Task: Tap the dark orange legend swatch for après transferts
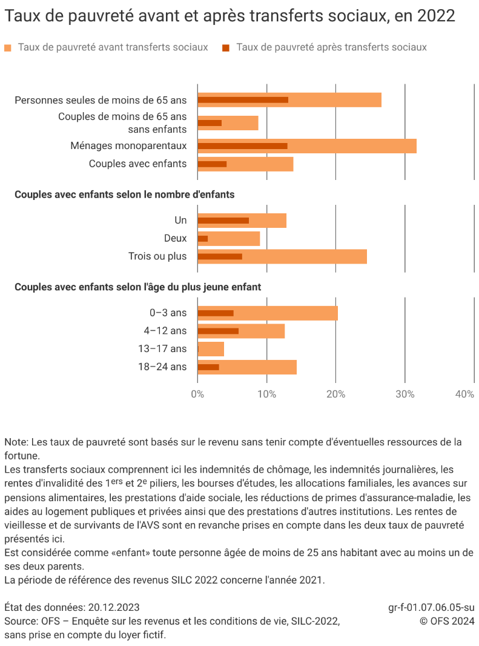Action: (226, 47)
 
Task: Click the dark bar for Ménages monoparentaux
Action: (242, 146)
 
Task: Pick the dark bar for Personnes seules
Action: (242, 100)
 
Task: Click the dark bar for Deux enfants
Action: (203, 239)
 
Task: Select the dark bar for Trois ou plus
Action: (220, 256)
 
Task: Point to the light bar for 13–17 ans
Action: (211, 349)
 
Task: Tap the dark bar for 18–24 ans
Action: (208, 367)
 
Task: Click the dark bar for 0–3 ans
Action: (216, 313)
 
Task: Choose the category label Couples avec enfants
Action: (137, 164)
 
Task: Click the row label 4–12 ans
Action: (165, 331)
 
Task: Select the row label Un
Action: (180, 221)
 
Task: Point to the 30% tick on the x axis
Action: (405, 395)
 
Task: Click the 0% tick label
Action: (197, 395)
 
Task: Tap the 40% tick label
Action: (464, 395)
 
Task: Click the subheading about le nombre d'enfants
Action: (124, 195)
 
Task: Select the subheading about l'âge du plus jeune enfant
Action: (137, 287)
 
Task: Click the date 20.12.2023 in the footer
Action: (114, 607)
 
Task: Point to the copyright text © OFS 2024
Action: (447, 621)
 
